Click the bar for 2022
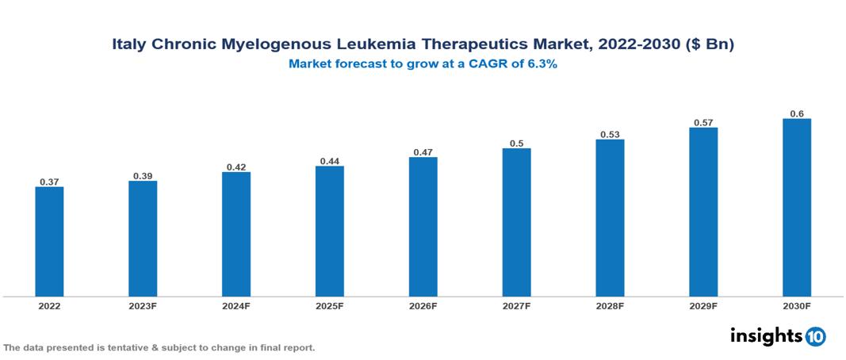pyautogui.click(x=49, y=242)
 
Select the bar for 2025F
pyautogui.click(x=329, y=231)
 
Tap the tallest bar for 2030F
pyautogui.click(x=796, y=208)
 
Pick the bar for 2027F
pyautogui.click(x=516, y=222)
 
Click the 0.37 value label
pyautogui.click(x=49, y=182)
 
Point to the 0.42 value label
pyautogui.click(x=236, y=167)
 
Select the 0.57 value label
pyautogui.click(x=703, y=122)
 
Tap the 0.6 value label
pyautogui.click(x=797, y=113)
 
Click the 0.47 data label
pyautogui.click(x=423, y=151)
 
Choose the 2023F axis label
pyautogui.click(x=143, y=305)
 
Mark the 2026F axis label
pyautogui.click(x=423, y=305)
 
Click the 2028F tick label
pyautogui.click(x=610, y=305)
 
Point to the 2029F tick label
pyautogui.click(x=703, y=305)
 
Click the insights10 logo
pyautogui.click(x=777, y=336)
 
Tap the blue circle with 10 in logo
pyautogui.click(x=815, y=336)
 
